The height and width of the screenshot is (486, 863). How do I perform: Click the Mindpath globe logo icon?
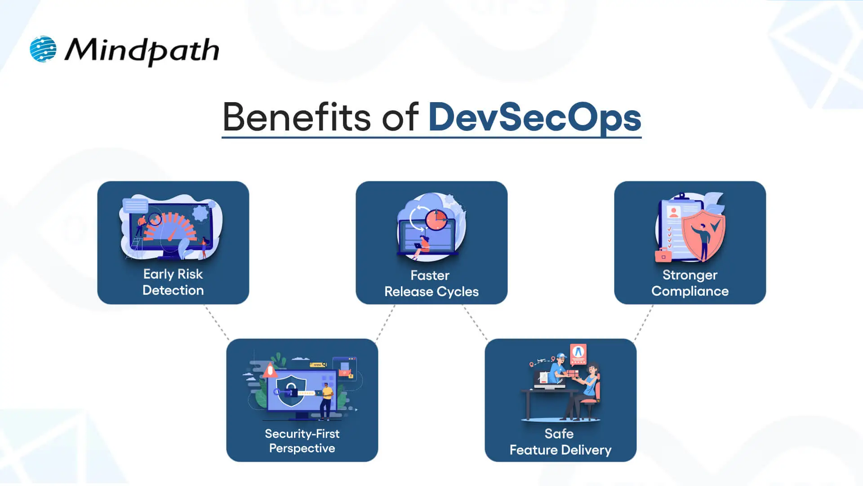pos(43,49)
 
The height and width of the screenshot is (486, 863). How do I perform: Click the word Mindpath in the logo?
pos(142,50)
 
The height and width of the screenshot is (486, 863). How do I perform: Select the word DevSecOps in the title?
pos(534,117)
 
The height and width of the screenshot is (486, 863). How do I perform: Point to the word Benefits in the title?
pos(297,117)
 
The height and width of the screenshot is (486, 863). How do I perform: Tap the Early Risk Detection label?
pos(173,282)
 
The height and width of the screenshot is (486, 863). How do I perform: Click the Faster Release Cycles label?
pos(431,283)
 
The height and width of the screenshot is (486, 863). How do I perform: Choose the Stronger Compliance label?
pos(690,283)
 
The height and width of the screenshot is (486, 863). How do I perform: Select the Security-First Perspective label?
pos(302,441)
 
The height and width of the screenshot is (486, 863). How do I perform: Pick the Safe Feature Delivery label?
pos(560,442)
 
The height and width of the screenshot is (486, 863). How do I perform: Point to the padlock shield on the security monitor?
pos(291,390)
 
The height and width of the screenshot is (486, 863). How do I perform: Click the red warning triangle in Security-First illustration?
pos(270,370)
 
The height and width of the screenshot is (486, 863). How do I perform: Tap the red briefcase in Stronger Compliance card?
pos(663,255)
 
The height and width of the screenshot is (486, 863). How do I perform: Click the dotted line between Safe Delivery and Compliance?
pos(644,322)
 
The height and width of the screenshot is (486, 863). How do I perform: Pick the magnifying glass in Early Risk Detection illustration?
pos(155,220)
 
